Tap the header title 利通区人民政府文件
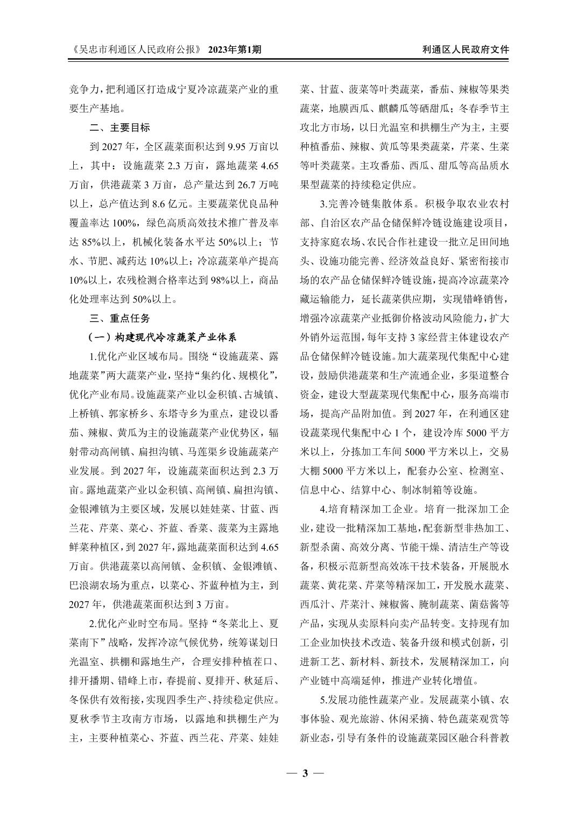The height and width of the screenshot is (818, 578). click(x=466, y=50)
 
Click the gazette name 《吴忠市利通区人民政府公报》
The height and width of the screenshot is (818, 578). click(x=136, y=50)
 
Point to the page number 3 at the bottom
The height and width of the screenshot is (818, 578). click(x=305, y=773)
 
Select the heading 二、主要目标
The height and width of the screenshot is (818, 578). click(x=119, y=128)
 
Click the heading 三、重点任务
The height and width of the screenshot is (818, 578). click(x=119, y=318)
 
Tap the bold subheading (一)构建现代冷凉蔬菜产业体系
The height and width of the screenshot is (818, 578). click(x=162, y=337)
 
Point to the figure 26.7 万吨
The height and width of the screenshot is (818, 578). click(x=259, y=185)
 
